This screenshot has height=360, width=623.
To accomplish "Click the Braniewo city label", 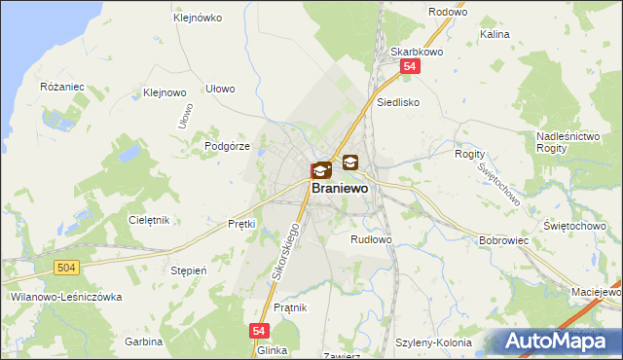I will (340, 189).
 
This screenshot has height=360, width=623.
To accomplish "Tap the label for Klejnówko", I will (198, 18).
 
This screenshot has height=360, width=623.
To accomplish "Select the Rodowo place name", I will (447, 13).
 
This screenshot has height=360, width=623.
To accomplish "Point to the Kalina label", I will (495, 34).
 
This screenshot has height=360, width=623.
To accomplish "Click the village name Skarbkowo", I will (411, 52).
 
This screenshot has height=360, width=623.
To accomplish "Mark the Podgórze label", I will (229, 145).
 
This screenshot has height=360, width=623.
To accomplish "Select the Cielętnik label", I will (149, 220).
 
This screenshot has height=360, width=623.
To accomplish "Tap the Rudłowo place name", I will (371, 238).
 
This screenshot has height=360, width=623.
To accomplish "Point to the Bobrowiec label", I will (503, 239).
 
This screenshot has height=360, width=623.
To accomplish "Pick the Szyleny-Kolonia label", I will (434, 342).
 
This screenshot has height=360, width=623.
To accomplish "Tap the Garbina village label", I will (143, 342).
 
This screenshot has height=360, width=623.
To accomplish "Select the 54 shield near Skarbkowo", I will (411, 67).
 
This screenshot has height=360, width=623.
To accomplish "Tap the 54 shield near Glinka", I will (259, 331).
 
